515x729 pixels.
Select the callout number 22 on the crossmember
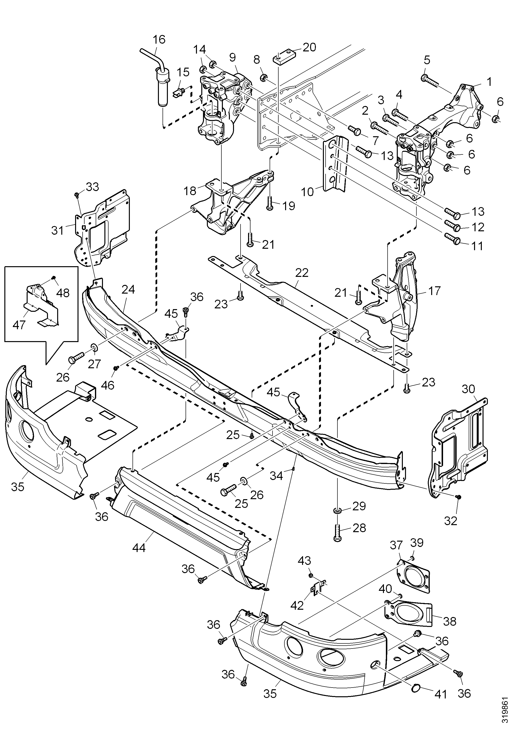[302, 273]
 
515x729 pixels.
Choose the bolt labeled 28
[337, 534]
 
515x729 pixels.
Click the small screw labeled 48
[54, 278]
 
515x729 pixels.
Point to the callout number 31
[57, 231]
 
